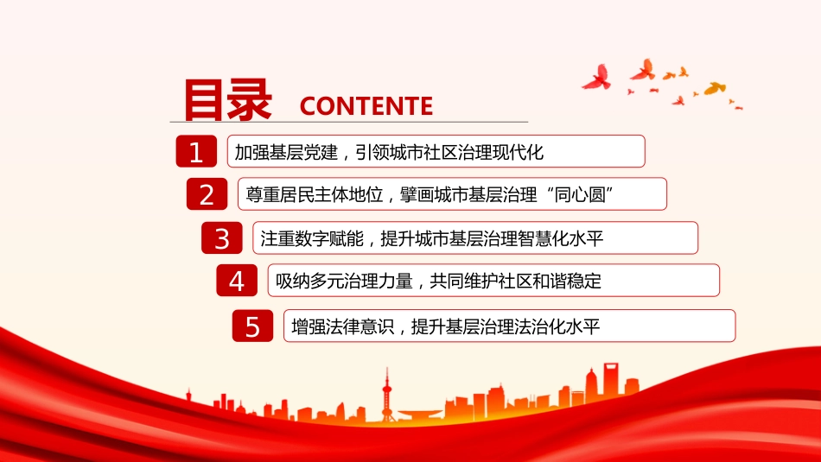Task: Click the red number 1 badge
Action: coord(196,151)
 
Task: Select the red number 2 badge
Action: coord(207,194)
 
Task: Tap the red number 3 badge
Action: coord(222,238)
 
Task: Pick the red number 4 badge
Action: coord(237,281)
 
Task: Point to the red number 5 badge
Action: coord(253,326)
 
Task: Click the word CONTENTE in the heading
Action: coord(366,106)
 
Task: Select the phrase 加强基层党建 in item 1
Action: coord(286,152)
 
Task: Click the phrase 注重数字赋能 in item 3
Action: coord(311,238)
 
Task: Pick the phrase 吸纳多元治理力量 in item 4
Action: coord(344,281)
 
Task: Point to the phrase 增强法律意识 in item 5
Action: coord(342,327)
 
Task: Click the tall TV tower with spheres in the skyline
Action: coord(387,395)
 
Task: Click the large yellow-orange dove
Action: coord(715,88)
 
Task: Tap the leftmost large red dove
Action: coord(597,78)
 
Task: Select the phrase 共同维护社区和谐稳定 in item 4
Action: coord(515,281)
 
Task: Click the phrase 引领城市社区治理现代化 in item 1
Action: coord(449,152)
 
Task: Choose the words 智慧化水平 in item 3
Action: coord(561,238)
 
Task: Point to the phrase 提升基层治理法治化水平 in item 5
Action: coord(506,327)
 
